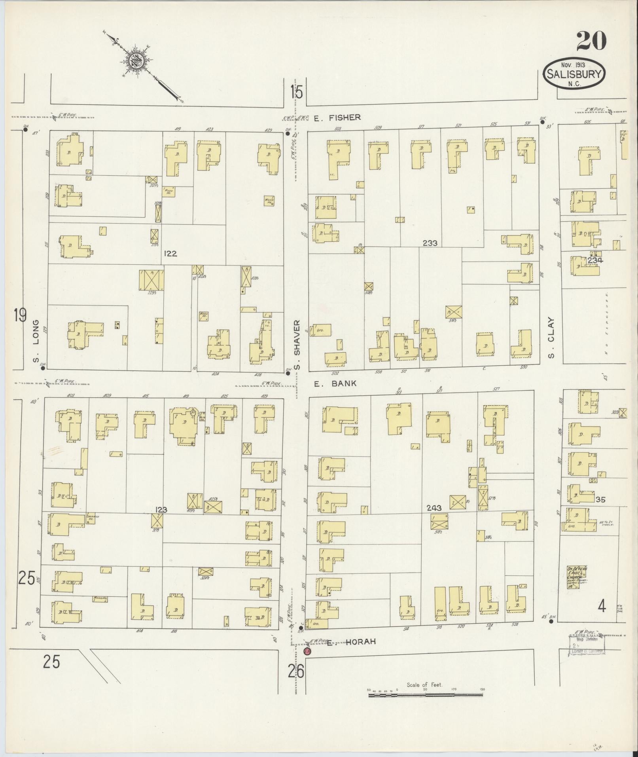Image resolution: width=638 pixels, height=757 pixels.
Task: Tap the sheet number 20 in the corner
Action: (591, 41)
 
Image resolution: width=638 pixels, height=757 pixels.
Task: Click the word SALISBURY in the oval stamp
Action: (574, 74)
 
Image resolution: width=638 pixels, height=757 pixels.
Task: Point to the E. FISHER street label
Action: (337, 117)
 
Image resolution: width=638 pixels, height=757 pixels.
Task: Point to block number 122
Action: (170, 254)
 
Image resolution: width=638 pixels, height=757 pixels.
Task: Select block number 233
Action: (430, 243)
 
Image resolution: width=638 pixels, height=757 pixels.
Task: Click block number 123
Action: (161, 510)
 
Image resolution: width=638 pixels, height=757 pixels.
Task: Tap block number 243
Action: (434, 507)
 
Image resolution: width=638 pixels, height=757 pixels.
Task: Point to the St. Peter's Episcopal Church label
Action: (577, 576)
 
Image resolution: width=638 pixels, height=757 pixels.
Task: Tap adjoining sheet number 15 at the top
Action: (296, 93)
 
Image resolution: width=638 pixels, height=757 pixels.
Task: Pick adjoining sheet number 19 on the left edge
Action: (20, 315)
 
